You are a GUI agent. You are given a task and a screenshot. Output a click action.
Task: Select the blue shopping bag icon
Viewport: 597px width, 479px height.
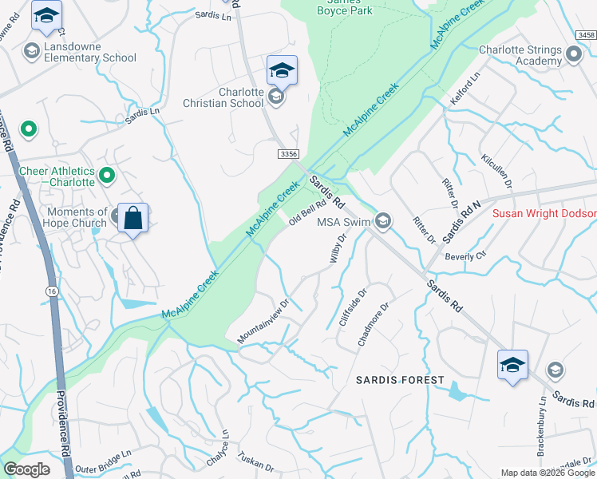point(132,218)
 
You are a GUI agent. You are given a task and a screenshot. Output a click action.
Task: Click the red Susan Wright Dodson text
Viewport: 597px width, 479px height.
point(544,214)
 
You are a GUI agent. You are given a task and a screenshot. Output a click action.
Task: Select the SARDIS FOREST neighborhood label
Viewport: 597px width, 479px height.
point(400,380)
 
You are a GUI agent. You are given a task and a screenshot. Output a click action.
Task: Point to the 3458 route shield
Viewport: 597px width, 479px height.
point(587,35)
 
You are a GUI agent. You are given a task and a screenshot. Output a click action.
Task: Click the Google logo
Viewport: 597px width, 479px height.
point(27,469)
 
